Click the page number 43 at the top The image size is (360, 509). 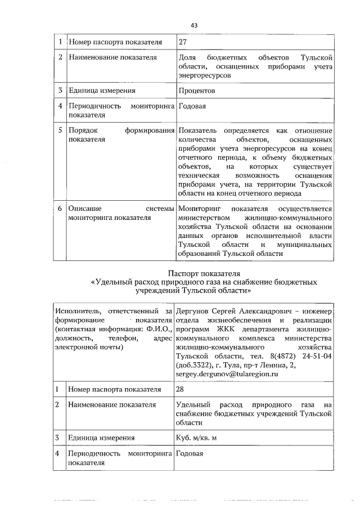194,25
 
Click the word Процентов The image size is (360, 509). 196,90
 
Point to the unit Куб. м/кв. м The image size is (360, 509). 196,438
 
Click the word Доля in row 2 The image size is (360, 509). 186,58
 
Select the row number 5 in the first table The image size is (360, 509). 60,130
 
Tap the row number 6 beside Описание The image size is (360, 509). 60,209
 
